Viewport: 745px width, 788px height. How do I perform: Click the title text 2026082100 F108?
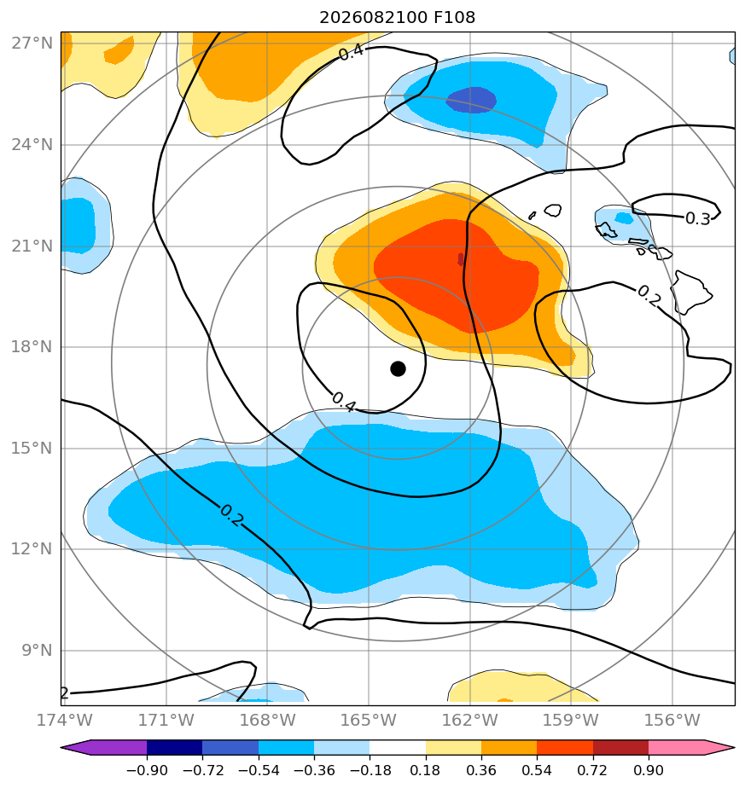tap(397, 18)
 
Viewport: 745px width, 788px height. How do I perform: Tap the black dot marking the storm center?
tap(398, 369)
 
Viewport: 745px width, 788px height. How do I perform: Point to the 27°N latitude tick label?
tap(32, 43)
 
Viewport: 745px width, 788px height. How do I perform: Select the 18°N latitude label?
tap(32, 347)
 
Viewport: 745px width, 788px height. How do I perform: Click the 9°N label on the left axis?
tap(37, 651)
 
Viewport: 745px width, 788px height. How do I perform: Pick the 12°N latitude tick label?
tap(32, 549)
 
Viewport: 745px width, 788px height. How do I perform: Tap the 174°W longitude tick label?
tap(65, 720)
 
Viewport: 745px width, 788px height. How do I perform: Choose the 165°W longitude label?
tap(369, 720)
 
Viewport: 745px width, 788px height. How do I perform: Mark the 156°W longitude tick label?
tap(672, 720)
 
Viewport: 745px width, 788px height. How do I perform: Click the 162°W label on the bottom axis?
tap(470, 720)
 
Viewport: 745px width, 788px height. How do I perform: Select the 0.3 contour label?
tap(698, 218)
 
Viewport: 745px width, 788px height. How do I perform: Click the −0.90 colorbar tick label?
tap(147, 770)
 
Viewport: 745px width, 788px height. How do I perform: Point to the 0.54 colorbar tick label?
tap(537, 770)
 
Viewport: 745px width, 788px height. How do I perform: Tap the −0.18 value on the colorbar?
tap(370, 770)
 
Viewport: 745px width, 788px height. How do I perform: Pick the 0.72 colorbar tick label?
tap(592, 770)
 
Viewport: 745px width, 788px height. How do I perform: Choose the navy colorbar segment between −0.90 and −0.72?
tap(175, 747)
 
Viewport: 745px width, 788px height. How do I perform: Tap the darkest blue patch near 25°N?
tap(471, 100)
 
